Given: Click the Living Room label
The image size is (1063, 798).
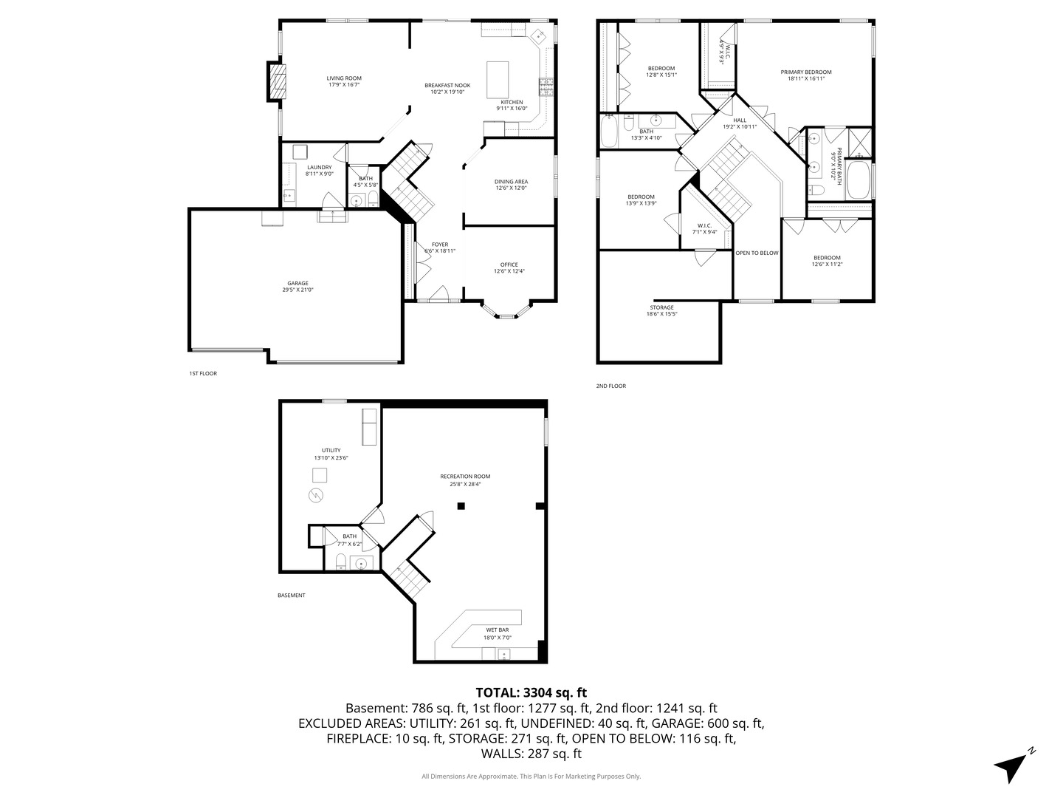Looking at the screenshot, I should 344,78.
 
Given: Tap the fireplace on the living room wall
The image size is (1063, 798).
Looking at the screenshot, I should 277,81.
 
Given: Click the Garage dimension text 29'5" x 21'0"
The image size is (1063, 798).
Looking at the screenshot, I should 297,290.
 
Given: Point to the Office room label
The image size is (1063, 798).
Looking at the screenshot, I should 509,265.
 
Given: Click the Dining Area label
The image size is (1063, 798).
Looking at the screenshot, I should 511,181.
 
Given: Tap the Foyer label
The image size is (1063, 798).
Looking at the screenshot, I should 440,245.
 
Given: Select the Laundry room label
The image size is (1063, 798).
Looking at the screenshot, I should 320,167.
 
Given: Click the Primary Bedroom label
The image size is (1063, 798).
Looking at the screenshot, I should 806,72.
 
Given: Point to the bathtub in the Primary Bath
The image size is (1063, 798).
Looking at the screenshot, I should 858,180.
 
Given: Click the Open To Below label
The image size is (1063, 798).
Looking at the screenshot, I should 757,253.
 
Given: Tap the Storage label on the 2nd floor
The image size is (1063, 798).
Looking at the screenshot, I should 661,307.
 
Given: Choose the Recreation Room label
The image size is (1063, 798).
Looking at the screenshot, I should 465,477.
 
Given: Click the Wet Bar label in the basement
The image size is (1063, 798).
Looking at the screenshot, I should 497,630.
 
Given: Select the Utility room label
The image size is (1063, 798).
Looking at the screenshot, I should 331,450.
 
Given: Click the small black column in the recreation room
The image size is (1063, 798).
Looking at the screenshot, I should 461,506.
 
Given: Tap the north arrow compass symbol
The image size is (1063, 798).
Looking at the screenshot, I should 1013,765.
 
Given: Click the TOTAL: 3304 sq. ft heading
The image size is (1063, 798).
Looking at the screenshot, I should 531,692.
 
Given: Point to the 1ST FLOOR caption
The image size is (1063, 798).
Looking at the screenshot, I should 203,374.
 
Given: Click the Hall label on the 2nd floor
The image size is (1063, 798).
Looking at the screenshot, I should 740,120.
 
